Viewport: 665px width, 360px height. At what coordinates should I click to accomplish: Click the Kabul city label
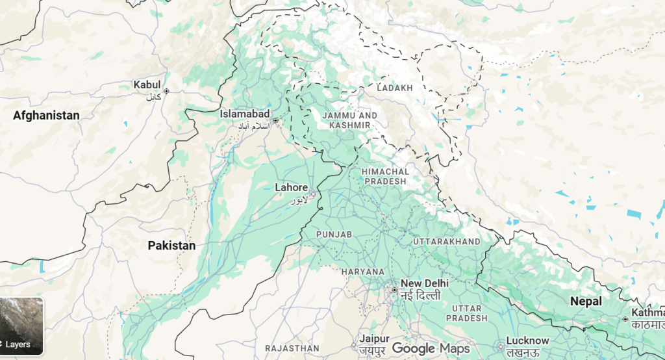tap(146, 85)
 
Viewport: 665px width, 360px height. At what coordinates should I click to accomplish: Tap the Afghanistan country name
tap(46, 116)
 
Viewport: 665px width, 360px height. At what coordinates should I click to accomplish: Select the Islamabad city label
tap(244, 114)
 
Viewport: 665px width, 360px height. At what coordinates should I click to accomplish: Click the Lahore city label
tap(291, 188)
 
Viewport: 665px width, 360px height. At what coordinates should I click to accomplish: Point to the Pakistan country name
tap(171, 246)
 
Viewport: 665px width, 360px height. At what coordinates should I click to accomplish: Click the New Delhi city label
tap(425, 284)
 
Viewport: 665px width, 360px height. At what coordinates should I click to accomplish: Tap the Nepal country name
tap(586, 302)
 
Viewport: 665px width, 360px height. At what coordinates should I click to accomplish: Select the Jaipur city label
tap(375, 339)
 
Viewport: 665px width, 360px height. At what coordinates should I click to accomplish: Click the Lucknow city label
tap(528, 341)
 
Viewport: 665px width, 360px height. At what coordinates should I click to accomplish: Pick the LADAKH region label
tap(394, 88)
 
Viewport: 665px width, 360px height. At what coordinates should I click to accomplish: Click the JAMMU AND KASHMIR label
tap(353, 120)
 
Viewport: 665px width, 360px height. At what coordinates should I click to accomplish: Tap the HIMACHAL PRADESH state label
tap(386, 176)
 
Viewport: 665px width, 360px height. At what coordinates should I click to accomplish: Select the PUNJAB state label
tap(334, 234)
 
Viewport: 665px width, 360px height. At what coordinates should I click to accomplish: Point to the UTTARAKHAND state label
tap(447, 242)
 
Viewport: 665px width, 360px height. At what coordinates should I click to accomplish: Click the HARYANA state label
tap(364, 272)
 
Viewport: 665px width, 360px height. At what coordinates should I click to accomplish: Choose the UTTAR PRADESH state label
tap(466, 313)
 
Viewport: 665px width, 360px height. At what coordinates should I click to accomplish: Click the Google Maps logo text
tap(431, 349)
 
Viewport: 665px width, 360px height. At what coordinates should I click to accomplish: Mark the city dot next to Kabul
tap(167, 91)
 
